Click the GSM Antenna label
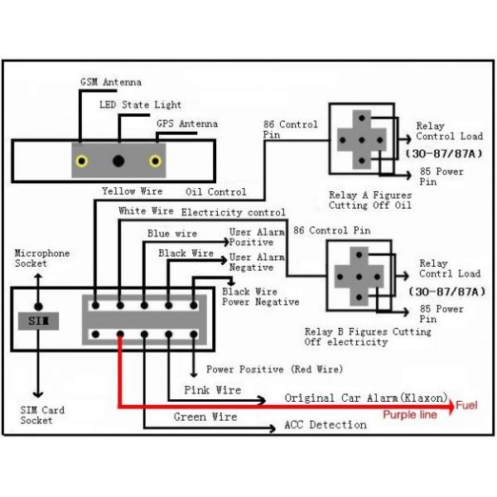click(x=110, y=83)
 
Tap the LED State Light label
click(x=140, y=105)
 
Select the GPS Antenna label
click(x=187, y=124)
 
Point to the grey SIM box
click(x=38, y=319)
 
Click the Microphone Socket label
click(x=41, y=258)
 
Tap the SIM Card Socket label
click(x=42, y=415)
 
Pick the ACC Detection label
click(x=325, y=425)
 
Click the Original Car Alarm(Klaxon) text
click(x=366, y=398)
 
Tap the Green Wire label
click(x=205, y=417)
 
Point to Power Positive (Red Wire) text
click(x=274, y=369)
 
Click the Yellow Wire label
click(x=132, y=191)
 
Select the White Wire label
click(x=146, y=212)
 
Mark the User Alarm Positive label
click(x=257, y=238)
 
